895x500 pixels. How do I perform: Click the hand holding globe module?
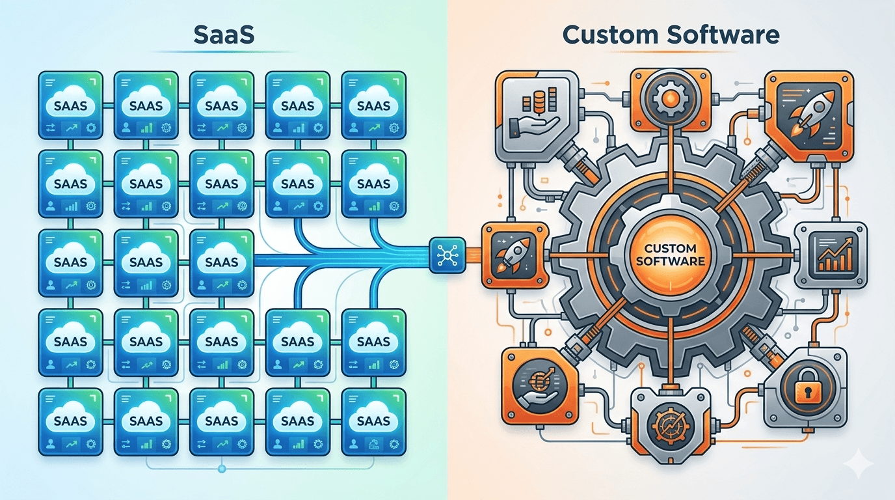[537, 383]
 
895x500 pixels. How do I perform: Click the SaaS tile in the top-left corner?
[71, 105]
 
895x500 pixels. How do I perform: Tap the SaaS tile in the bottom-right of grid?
[373, 421]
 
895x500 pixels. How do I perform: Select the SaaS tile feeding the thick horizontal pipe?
[222, 262]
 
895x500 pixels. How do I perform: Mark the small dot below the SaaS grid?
[222, 468]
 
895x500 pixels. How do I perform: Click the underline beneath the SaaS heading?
[224, 51]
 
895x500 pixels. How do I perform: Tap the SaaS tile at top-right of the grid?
[373, 105]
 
